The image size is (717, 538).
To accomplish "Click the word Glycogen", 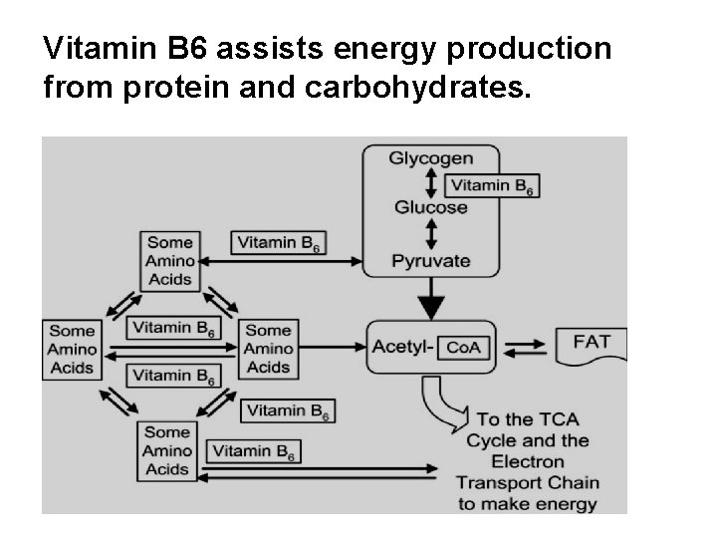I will pyautogui.click(x=430, y=158).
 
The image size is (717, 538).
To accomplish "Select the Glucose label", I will pyautogui.click(x=430, y=207).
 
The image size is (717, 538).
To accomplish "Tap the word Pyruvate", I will pyautogui.click(x=430, y=261).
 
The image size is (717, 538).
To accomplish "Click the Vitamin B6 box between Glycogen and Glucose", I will pyautogui.click(x=492, y=185).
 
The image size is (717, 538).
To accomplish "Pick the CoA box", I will pyautogui.click(x=464, y=347).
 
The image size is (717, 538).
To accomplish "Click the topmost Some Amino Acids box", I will pyautogui.click(x=169, y=261).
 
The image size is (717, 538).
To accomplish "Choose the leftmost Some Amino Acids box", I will pyautogui.click(x=72, y=350).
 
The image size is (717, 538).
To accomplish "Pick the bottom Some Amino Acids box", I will pyautogui.click(x=167, y=450).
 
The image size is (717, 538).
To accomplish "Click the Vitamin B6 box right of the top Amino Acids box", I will pyautogui.click(x=279, y=242).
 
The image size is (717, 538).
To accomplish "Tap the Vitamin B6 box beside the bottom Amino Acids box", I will pyautogui.click(x=254, y=451).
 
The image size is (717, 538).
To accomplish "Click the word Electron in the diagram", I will pyautogui.click(x=528, y=462).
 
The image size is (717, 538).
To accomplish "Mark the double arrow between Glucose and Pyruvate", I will pyautogui.click(x=430, y=234).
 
